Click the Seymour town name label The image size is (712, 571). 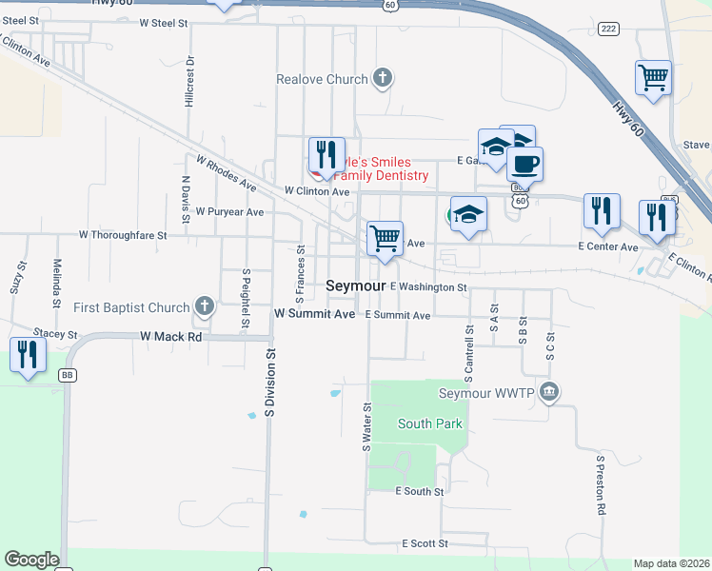point(355,285)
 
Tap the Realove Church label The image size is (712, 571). point(322,79)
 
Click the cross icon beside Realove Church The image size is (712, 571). point(383,78)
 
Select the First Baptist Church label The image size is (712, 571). point(131,307)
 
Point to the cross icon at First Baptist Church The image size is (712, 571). point(203,306)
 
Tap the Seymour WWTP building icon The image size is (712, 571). point(548,391)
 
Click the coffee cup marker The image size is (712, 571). point(524,164)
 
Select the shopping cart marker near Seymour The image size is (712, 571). point(385,238)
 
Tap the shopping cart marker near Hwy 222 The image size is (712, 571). point(653,77)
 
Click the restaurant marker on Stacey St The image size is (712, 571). point(28,355)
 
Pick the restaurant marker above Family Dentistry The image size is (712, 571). point(326,154)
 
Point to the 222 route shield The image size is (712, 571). point(608,30)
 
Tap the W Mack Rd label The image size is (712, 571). point(171,336)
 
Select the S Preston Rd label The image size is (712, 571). point(601,484)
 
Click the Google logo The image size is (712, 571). point(31,560)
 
